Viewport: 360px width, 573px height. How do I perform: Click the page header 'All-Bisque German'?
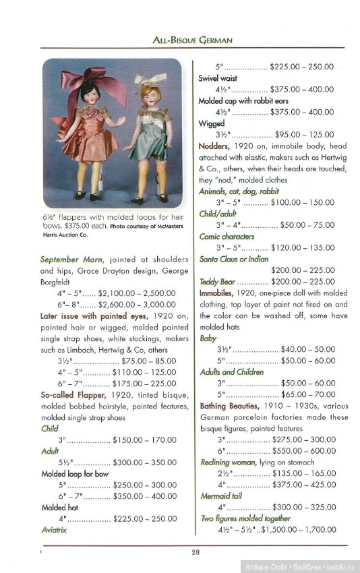[193, 40]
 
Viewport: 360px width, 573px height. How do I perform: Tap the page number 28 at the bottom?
[194, 552]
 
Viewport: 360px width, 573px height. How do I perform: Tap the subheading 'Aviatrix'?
[56, 530]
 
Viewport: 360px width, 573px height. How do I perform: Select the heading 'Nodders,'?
[219, 146]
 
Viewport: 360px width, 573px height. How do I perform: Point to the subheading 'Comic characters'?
[227, 237]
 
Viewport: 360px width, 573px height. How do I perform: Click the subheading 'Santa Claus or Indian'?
[233, 259]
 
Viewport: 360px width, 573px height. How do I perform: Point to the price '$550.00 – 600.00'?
[304, 451]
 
